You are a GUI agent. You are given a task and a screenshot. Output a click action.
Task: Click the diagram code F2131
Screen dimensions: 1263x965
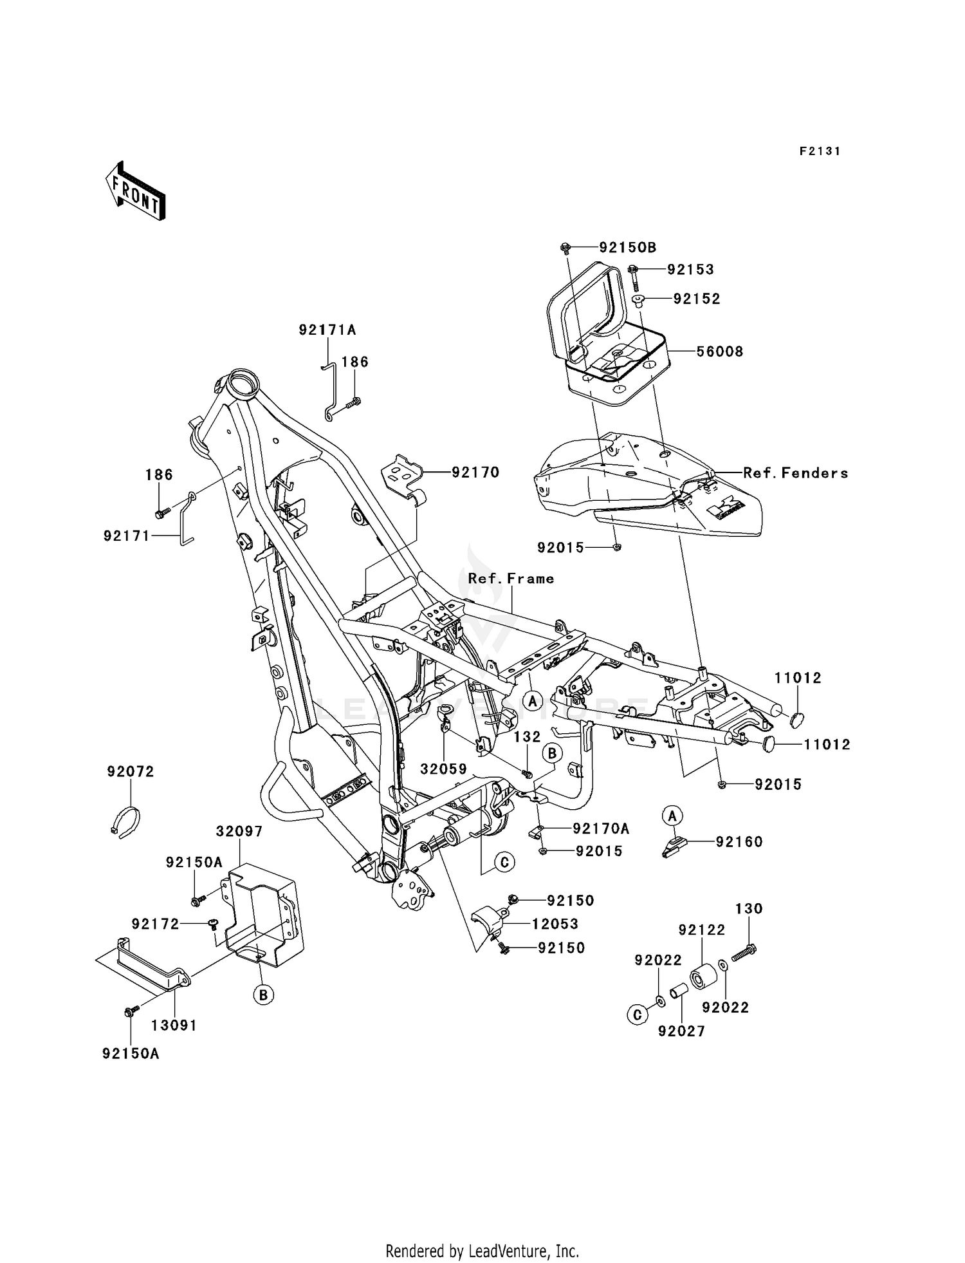820,151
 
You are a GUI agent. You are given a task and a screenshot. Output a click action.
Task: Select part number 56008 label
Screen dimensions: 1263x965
720,351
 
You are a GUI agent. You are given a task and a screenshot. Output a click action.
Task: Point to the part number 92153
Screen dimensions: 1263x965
690,270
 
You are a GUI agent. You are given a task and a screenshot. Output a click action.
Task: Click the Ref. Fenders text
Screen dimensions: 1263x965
796,473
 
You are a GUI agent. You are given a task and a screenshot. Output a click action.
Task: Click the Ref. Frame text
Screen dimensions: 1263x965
511,579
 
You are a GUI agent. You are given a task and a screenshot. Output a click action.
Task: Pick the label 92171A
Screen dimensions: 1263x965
327,330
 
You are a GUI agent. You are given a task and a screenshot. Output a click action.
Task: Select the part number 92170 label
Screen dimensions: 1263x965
475,472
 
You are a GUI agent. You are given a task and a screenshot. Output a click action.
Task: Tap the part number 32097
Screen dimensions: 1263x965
239,831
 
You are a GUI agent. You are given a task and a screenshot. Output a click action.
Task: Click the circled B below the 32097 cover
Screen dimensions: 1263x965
263,995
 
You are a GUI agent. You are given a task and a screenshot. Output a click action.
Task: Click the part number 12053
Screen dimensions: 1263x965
555,924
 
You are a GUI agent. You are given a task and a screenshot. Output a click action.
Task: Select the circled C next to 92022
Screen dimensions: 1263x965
637,1015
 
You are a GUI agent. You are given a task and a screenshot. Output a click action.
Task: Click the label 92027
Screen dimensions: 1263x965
681,1031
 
